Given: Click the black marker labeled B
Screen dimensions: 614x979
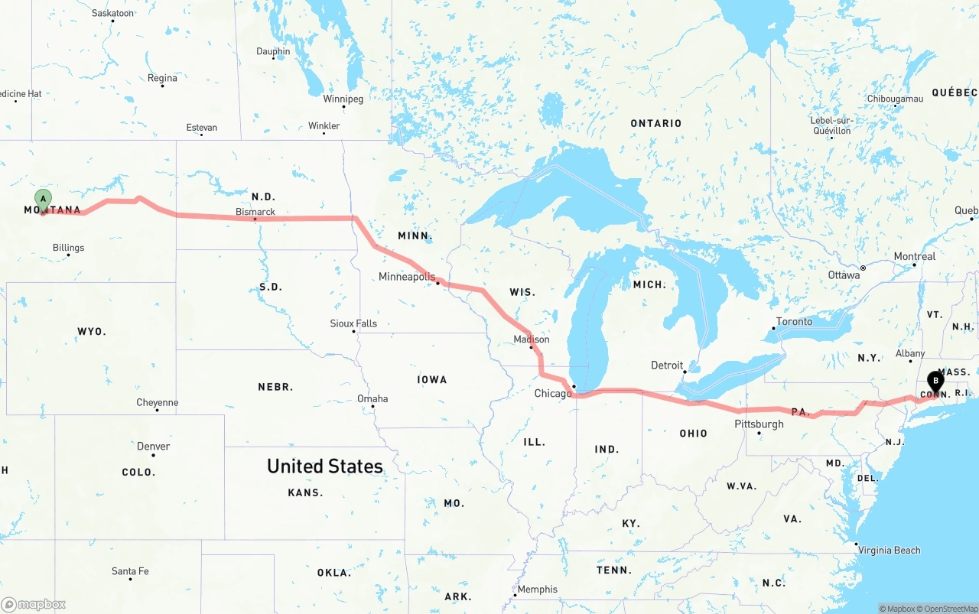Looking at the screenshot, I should tap(935, 381).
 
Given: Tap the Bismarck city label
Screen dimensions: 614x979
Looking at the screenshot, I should tap(255, 212).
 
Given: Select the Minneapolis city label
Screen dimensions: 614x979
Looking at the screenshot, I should tap(407, 277).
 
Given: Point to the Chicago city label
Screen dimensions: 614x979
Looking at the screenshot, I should tap(553, 394).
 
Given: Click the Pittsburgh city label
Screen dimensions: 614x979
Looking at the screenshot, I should tap(759, 424).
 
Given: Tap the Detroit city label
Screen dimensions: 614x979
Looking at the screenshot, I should tap(667, 365).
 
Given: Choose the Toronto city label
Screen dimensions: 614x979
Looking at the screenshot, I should tap(794, 321).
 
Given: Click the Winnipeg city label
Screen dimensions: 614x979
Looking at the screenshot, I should tap(343, 99).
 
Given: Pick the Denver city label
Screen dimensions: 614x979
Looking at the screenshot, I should tap(153, 446).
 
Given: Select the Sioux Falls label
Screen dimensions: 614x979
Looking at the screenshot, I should tap(353, 323).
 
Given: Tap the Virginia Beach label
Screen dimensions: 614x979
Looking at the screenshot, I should tap(889, 550).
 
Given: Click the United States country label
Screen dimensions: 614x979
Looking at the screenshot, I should tap(325, 466).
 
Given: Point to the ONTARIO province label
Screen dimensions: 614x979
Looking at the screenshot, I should tap(655, 123).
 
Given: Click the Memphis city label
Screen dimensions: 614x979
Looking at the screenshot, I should tap(537, 590).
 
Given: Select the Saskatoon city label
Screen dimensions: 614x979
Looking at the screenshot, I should tap(112, 13).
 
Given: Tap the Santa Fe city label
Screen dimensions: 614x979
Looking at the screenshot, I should tap(130, 571).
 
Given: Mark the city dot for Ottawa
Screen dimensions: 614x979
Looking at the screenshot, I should tap(863, 268).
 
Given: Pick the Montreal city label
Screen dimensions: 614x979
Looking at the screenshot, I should tap(915, 256).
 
